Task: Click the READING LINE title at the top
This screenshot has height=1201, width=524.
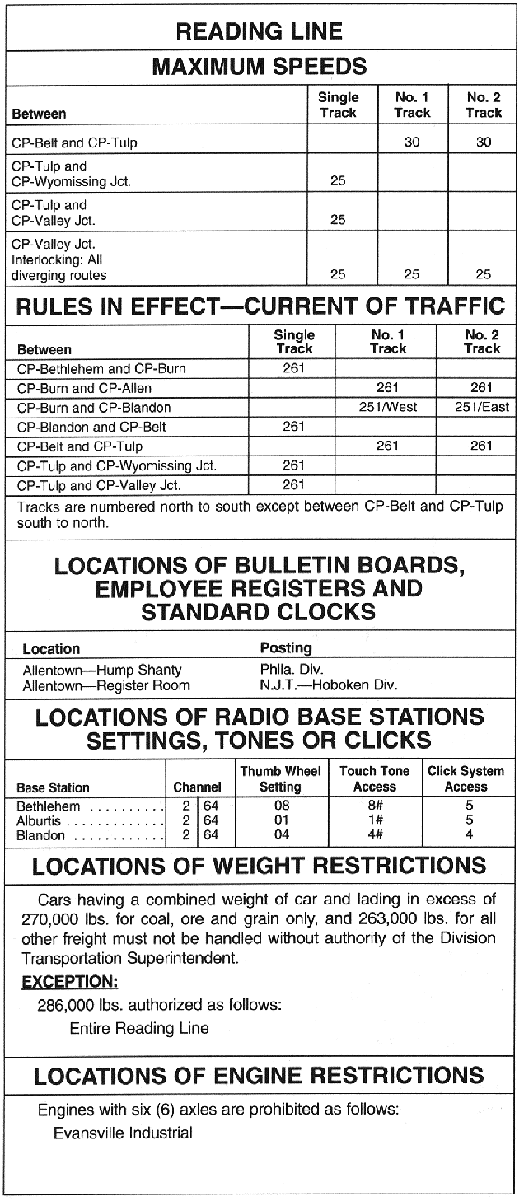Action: coord(260,31)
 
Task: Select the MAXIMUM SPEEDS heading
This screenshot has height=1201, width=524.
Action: coord(260,66)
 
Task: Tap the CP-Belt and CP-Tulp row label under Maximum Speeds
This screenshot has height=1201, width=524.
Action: coord(74,143)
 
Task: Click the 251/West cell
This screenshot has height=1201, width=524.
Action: coord(388,407)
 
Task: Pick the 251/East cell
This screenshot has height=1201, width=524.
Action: coord(482,407)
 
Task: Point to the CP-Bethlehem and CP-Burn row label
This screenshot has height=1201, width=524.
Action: coord(101,368)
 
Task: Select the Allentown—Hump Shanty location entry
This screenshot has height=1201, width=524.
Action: coord(102,670)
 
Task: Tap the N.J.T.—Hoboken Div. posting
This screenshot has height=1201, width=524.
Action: coord(329,685)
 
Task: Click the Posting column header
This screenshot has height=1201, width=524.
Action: coord(286,648)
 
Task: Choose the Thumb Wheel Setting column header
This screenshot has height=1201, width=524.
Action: coord(280,779)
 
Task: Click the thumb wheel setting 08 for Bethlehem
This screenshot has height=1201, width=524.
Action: coord(281,806)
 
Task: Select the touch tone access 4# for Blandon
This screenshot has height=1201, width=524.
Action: coord(374,835)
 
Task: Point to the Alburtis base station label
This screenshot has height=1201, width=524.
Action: coord(40,821)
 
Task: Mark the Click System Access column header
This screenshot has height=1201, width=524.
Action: coord(466,779)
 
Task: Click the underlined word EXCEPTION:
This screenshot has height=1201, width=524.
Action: coord(70,982)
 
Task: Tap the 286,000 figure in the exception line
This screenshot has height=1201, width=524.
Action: coord(66,1005)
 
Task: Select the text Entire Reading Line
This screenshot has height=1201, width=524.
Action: coord(139,1028)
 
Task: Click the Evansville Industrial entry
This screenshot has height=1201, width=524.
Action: coord(123,1133)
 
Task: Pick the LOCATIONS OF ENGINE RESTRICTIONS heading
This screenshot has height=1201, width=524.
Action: coord(260,1075)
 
